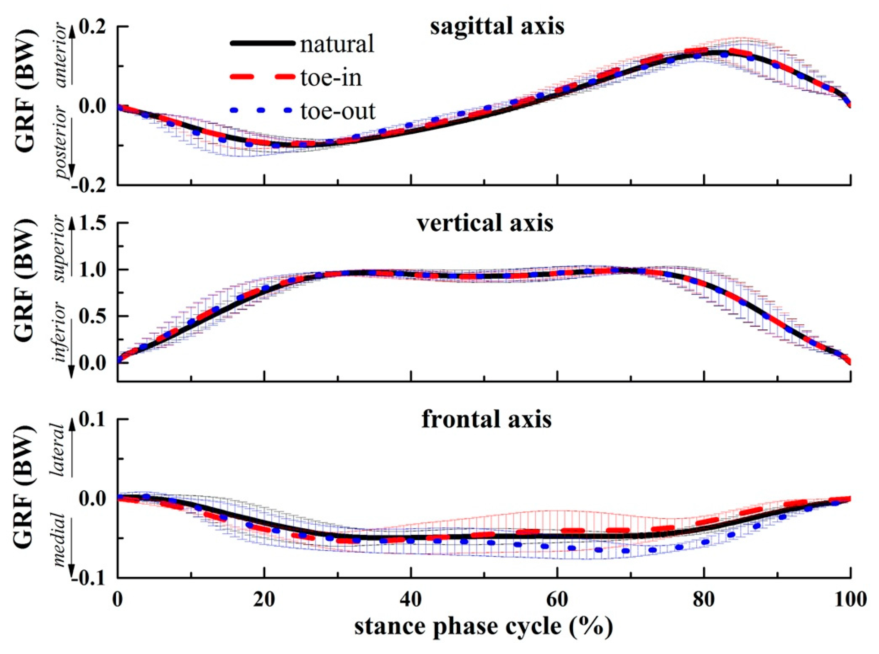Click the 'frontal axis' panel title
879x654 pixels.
(486, 420)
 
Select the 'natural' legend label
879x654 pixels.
(337, 44)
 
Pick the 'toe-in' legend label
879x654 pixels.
(331, 78)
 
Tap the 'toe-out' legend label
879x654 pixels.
(338, 112)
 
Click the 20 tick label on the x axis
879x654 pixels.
(264, 600)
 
